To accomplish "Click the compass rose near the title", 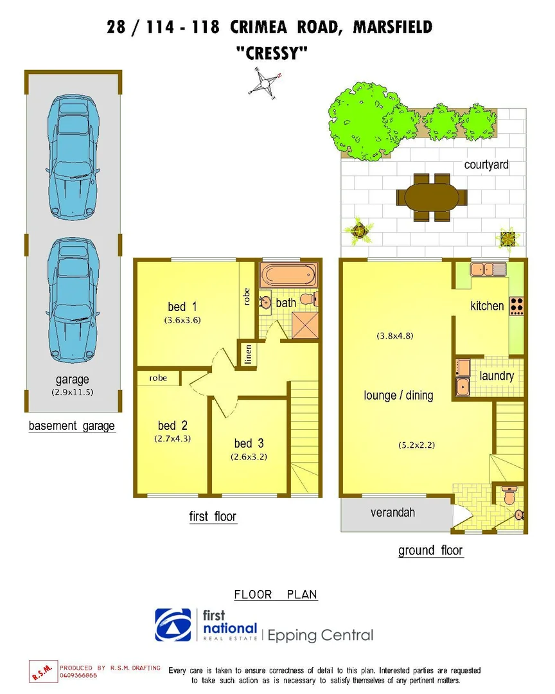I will click(x=265, y=82).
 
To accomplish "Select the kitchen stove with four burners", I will click(x=516, y=307).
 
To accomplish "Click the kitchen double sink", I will click(x=489, y=269).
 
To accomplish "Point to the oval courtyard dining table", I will click(x=428, y=197).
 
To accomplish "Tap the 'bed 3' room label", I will click(x=249, y=443).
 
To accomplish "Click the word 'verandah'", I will click(x=392, y=512).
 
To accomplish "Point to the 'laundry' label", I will click(x=497, y=375).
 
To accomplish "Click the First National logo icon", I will click(x=173, y=625).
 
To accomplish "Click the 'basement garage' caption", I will click(x=72, y=425).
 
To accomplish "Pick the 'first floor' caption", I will click(x=213, y=516).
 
